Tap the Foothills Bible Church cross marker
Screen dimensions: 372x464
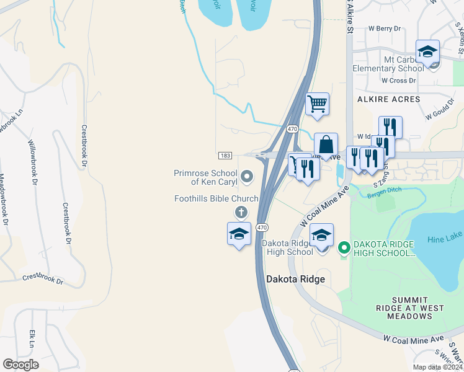(241, 212)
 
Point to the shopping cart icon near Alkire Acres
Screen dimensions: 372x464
(317, 104)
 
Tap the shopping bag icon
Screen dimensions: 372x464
(326, 144)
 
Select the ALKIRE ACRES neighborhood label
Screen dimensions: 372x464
(388, 99)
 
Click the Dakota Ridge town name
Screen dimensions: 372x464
(295, 279)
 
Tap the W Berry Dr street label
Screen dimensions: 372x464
(385, 29)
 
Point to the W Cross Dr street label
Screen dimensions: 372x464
(398, 81)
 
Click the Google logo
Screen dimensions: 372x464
(20, 365)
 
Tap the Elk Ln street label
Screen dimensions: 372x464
(31, 339)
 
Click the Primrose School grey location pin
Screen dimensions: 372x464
(247, 177)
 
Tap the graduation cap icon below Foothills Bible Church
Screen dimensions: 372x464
(239, 234)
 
